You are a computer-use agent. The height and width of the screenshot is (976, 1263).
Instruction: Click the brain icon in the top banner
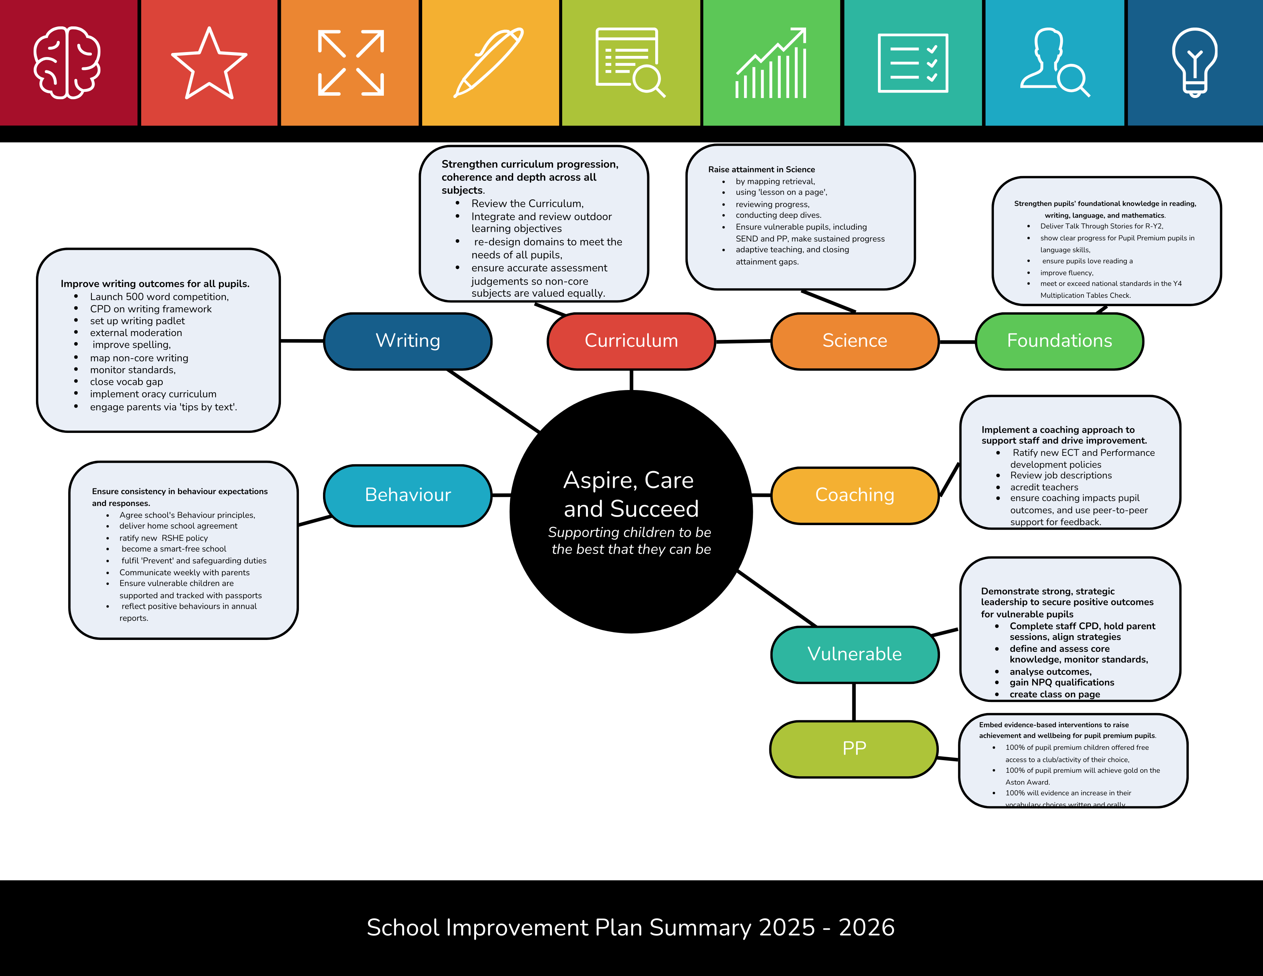[x=67, y=62]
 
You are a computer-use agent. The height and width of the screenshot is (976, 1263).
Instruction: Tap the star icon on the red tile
[x=209, y=64]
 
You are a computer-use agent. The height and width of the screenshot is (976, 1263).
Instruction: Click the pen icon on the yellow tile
[x=489, y=62]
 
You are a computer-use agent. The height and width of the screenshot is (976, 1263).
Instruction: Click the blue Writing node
[x=408, y=341]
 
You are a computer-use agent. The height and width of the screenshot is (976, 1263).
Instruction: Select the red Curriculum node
[x=631, y=341]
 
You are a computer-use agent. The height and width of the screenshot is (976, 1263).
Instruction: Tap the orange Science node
[x=854, y=341]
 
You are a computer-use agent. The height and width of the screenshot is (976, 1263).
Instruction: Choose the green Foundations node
[x=1059, y=341]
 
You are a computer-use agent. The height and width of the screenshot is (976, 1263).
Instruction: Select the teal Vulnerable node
[x=854, y=654]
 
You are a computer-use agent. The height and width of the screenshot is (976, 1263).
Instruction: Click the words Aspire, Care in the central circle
[x=628, y=480]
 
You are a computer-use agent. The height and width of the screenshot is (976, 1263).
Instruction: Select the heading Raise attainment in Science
[x=761, y=170]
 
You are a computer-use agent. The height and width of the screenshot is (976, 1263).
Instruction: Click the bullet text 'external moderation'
[x=136, y=333]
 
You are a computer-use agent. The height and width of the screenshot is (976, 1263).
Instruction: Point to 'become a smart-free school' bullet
[x=173, y=549]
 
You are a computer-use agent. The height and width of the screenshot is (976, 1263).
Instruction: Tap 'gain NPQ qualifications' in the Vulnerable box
[x=1062, y=683]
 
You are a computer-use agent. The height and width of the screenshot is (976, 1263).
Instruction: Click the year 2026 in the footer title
[x=866, y=927]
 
